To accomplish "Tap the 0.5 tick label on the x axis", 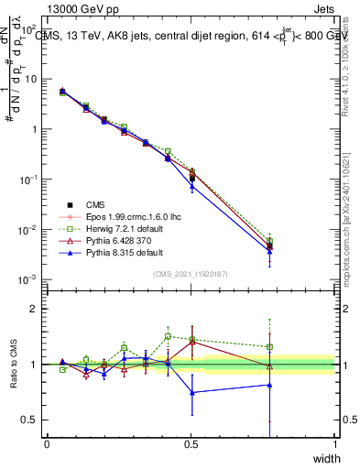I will tap(191, 444).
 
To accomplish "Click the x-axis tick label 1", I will tap(334, 444).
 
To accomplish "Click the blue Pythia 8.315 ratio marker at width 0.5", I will tap(192, 392).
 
